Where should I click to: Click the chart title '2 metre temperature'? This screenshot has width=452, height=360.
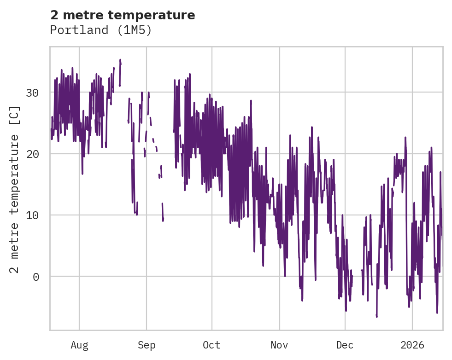coord(123,15)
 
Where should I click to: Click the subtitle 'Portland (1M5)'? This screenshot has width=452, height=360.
coord(101,30)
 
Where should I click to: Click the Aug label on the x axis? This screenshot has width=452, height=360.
coord(79,345)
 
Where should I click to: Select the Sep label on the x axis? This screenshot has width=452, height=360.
coord(147,345)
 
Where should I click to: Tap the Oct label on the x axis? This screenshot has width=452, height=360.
coord(211,345)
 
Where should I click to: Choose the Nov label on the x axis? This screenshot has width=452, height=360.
coord(279,345)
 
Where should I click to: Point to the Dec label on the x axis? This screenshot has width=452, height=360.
coord(345,345)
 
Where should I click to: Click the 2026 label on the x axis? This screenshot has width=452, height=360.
coord(412,345)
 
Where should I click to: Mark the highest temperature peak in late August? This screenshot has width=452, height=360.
coord(120,60)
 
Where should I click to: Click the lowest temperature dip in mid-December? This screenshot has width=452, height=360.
coord(376,316)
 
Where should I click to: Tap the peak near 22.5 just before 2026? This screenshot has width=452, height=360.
coord(405,138)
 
